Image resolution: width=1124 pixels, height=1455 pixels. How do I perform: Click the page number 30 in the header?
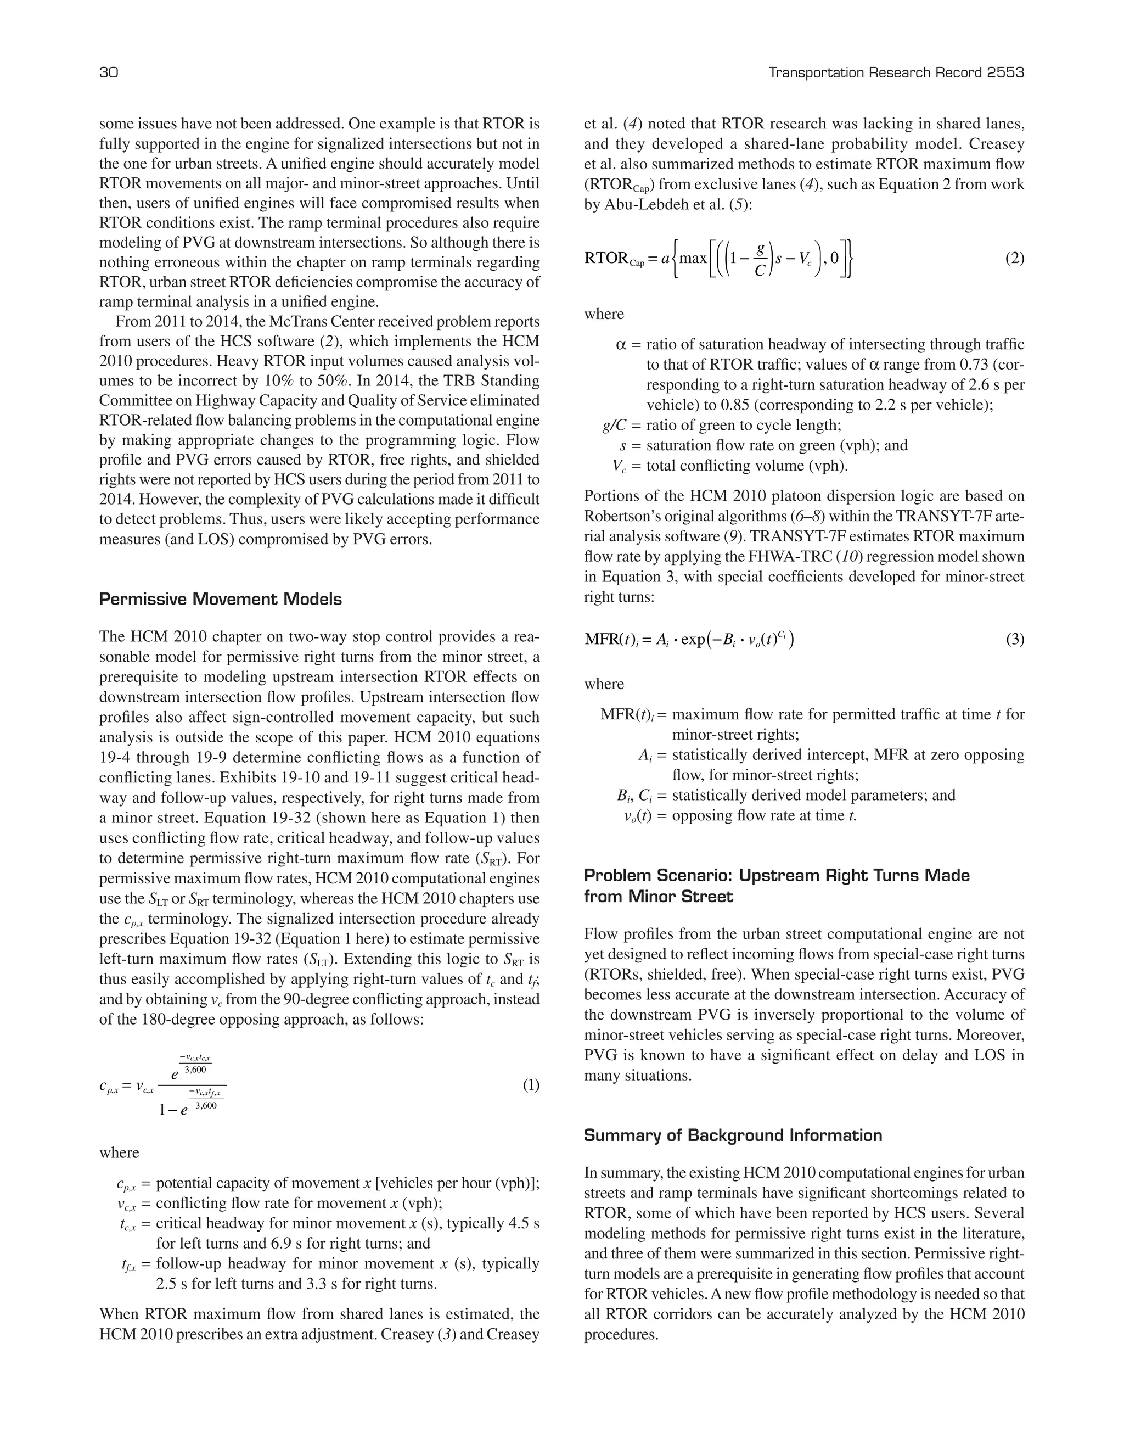109,72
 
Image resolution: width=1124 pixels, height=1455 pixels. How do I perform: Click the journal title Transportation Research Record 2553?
896,72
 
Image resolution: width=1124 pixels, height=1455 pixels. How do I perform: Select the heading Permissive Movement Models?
221,599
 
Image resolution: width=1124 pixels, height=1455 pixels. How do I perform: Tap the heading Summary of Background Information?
733,1135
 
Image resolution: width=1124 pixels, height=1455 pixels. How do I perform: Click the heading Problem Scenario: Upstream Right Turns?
777,875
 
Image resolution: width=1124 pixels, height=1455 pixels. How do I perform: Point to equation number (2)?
1014,258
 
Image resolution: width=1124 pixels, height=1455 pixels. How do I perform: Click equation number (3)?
1014,640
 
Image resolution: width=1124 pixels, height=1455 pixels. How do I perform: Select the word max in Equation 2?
693,258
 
